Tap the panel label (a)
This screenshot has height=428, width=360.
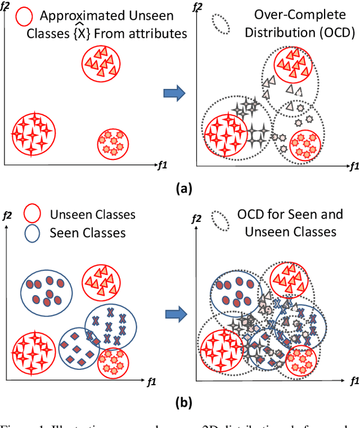point(183,189)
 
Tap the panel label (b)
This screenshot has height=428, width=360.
point(183,402)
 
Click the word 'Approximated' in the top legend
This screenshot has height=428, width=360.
point(75,16)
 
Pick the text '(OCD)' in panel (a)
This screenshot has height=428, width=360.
point(337,34)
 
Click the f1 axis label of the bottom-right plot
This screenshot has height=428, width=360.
point(353,381)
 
